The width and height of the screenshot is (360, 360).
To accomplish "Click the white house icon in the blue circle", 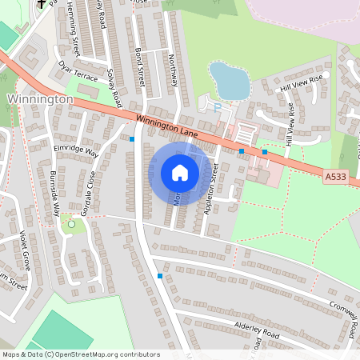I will pyautogui.click(x=180, y=173).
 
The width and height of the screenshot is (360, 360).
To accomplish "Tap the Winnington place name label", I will pyautogui.click(x=40, y=99).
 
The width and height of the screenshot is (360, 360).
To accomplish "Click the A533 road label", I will pyautogui.click(x=336, y=176).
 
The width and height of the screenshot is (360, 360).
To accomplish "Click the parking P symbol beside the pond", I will pyautogui.click(x=216, y=105).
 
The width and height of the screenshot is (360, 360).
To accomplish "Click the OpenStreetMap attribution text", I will pyautogui.click(x=81, y=354).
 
